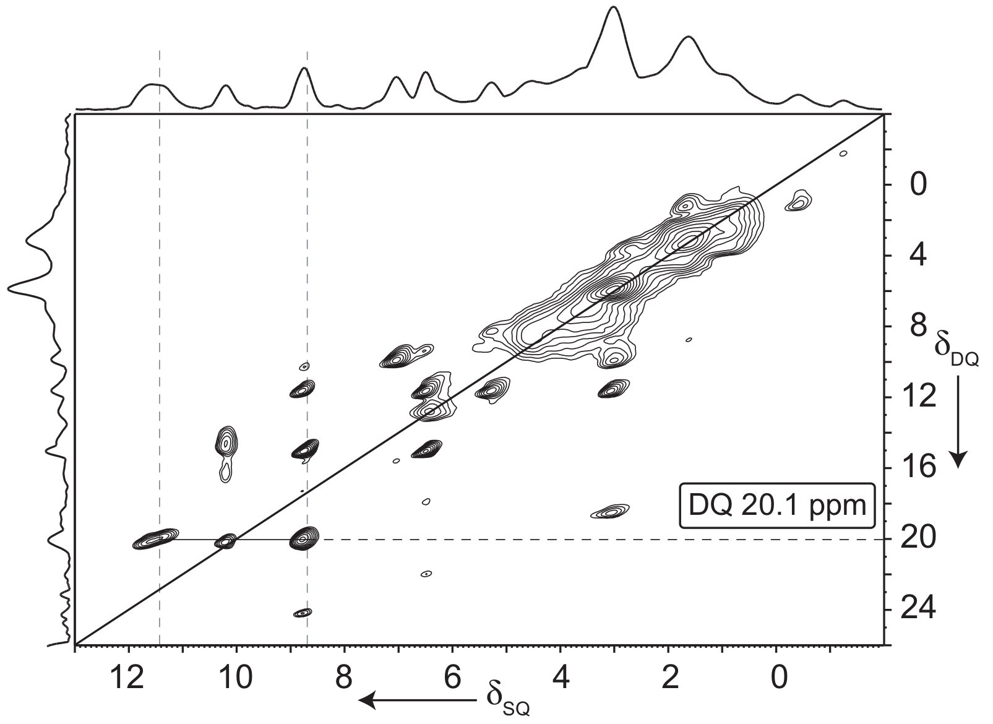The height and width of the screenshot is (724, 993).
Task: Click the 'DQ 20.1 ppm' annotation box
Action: pos(776,506)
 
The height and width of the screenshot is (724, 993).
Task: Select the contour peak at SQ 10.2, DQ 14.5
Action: pos(227,442)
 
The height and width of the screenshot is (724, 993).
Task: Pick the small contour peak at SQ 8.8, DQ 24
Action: pos(303,613)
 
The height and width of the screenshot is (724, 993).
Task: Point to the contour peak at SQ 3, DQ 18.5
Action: pos(611,511)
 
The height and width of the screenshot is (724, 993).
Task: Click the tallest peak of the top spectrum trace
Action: pos(613,9)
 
